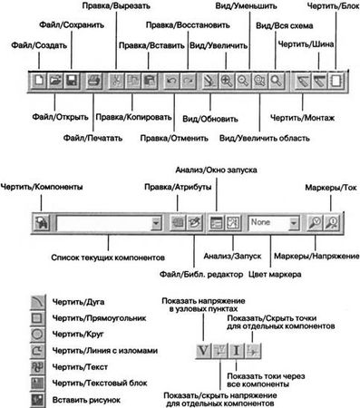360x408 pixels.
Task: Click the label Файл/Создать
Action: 33,43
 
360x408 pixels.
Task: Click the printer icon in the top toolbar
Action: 92,80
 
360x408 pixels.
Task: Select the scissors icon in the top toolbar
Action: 116,80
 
